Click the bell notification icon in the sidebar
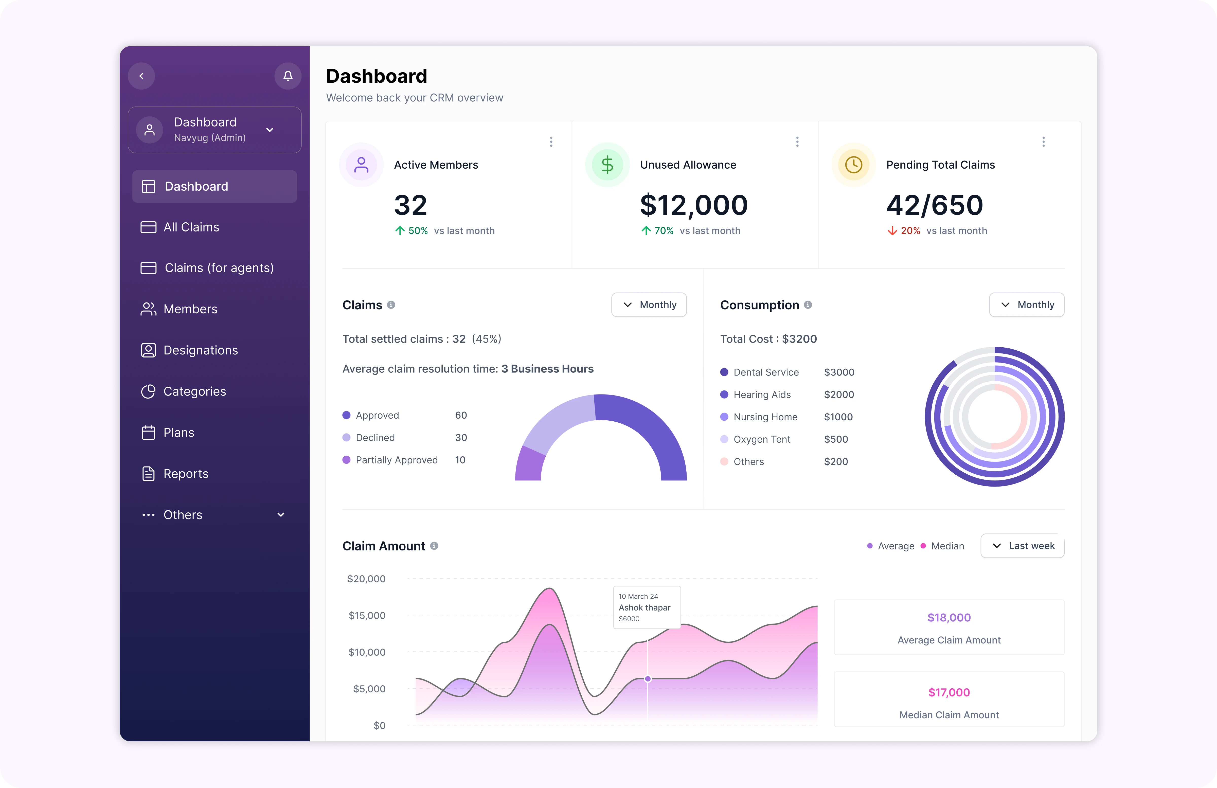[288, 76]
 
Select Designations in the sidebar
[201, 350]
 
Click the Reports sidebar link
[186, 474]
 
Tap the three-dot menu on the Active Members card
[551, 142]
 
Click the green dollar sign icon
[607, 165]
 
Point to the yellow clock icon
[853, 165]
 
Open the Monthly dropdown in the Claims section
[649, 305]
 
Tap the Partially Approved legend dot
[346, 460]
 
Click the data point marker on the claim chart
[648, 678]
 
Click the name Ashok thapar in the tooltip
[644, 607]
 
